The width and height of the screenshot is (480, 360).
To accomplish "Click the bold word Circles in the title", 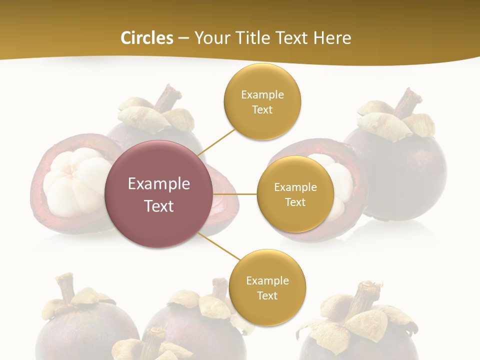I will click(x=146, y=38).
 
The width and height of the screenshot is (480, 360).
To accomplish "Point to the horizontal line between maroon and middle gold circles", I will click(x=235, y=194).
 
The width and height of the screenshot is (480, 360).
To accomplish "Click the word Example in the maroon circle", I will click(x=158, y=184).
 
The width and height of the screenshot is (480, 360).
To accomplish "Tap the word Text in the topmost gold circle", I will click(x=262, y=109).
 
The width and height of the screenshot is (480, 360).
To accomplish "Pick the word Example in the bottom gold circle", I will click(x=267, y=280).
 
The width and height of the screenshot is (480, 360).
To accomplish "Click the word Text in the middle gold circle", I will click(x=295, y=202).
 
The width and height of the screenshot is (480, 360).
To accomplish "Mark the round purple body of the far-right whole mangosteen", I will click(x=400, y=170).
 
